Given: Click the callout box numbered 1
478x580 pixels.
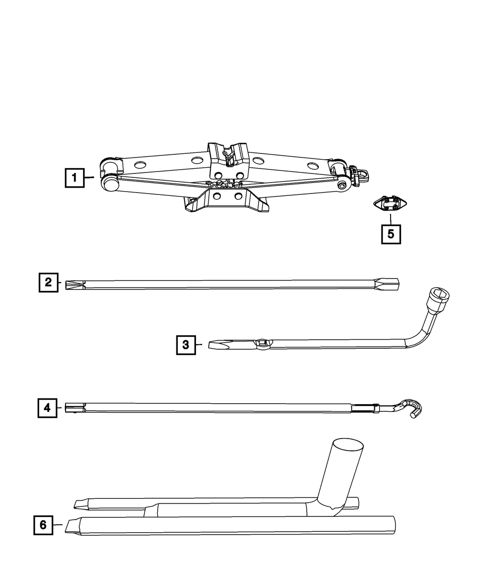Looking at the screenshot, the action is [x=75, y=178].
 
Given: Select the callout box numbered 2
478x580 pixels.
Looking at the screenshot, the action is [x=48, y=282].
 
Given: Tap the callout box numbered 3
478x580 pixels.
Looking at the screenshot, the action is [x=186, y=344].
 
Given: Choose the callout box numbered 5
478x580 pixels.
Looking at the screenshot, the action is [x=391, y=234].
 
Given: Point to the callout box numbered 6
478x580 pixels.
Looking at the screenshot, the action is [x=43, y=525].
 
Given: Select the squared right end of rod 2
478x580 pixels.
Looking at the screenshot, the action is [x=393, y=284].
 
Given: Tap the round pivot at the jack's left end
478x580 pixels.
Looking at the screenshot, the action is [x=110, y=183].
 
